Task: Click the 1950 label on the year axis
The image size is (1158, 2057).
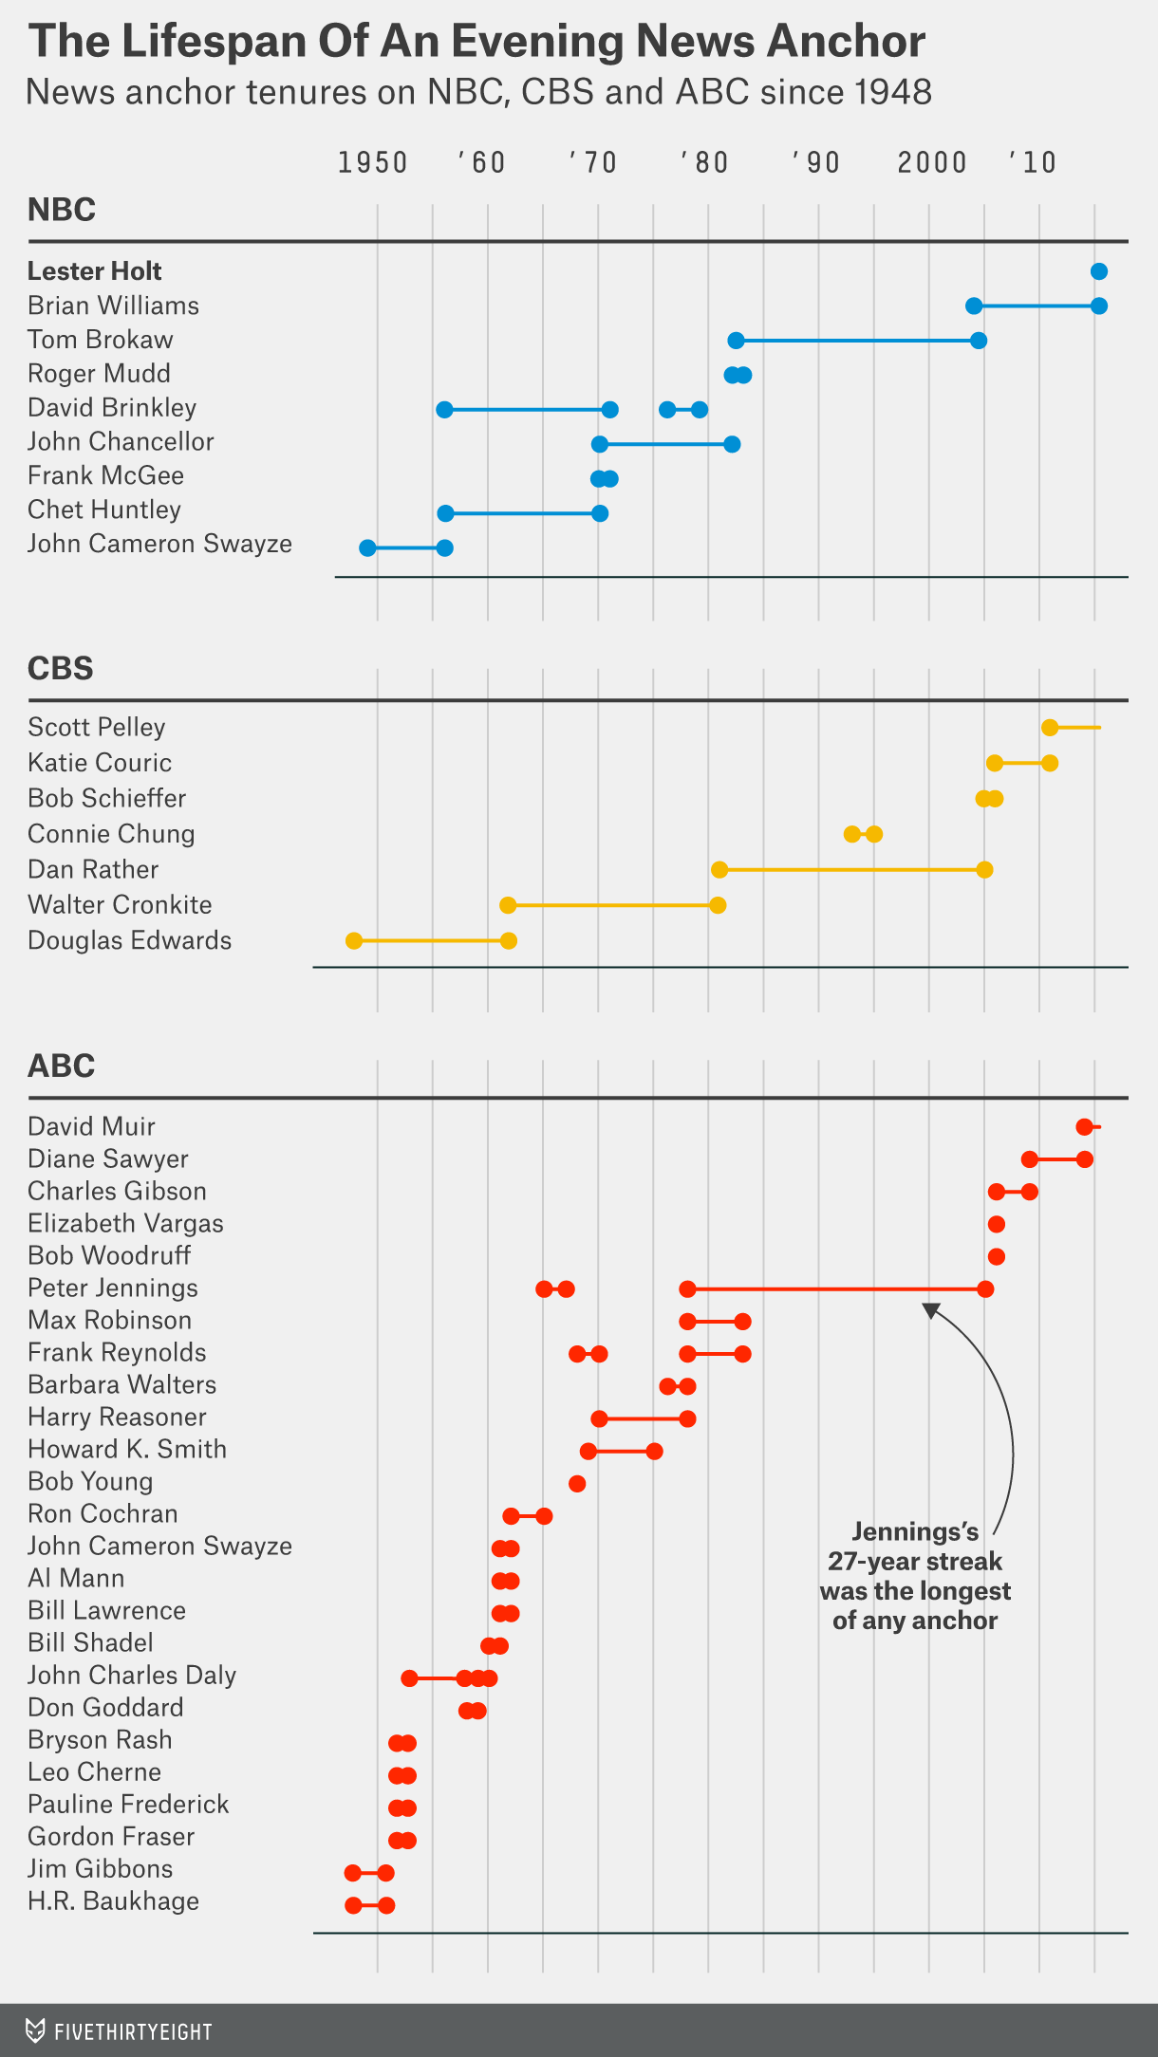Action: coord(372,162)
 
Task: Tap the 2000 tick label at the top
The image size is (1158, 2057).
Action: coord(931,162)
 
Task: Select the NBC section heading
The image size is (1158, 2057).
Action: coord(62,210)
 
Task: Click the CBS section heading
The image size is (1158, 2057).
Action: coord(61,669)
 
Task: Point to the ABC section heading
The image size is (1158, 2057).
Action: coord(62,1066)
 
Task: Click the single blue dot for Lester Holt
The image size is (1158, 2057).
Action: coord(1099,272)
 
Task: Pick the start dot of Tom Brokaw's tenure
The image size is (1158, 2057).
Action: coord(736,341)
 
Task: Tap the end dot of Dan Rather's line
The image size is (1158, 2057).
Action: coord(984,870)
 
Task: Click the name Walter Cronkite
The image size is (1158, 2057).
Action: coord(120,905)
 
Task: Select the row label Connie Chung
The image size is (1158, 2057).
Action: coord(111,834)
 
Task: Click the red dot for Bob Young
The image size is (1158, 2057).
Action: coord(577,1483)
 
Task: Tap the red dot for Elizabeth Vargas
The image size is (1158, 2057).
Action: coord(996,1225)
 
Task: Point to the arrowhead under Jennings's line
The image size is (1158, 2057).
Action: coord(931,1310)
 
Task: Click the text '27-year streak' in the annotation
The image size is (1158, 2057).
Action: coord(915,1562)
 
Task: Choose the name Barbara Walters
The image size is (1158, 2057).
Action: coord(121,1385)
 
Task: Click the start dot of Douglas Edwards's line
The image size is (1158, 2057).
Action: coord(354,941)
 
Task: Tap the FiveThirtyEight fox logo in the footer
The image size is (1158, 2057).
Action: coord(35,2030)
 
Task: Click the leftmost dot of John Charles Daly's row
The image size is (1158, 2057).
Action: coord(409,1678)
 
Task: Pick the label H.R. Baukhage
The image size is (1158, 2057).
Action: coord(113,1901)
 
